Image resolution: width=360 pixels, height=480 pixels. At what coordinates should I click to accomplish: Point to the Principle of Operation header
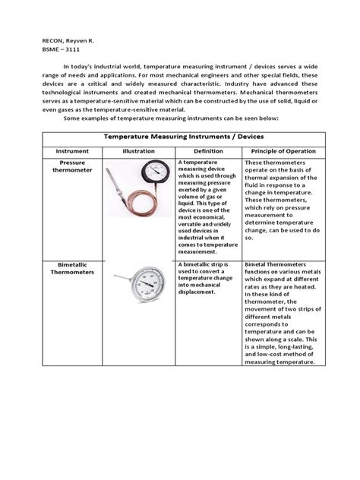pyautogui.click(x=280, y=151)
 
